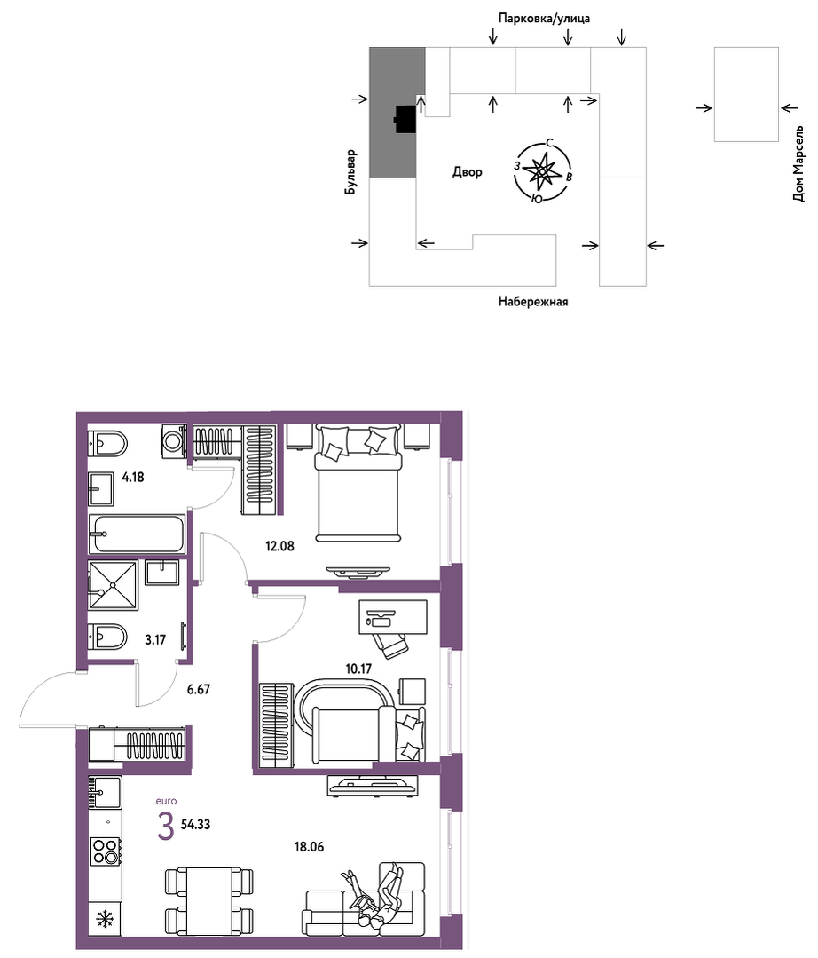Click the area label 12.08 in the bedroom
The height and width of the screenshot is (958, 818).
tap(279, 546)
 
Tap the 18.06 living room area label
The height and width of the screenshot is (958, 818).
tap(309, 847)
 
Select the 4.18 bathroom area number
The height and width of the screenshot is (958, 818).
tap(133, 477)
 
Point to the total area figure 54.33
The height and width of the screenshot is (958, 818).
tap(195, 824)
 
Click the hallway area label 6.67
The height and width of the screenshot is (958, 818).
tap(199, 689)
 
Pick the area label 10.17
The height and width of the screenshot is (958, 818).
tap(358, 669)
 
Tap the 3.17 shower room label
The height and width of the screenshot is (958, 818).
tap(155, 640)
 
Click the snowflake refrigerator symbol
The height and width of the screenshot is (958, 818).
tap(106, 918)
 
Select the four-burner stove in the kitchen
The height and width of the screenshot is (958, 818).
tap(105, 851)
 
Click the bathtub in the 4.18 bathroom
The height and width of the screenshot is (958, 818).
tap(137, 534)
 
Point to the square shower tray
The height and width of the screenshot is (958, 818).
tap(113, 585)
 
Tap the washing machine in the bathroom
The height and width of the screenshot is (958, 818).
tap(173, 440)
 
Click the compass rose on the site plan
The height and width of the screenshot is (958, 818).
tap(542, 171)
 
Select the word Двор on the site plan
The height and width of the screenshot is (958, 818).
tap(467, 172)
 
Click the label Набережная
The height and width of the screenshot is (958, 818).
tap(533, 302)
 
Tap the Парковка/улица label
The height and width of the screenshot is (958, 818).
tap(544, 19)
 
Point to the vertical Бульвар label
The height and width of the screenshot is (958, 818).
tap(350, 172)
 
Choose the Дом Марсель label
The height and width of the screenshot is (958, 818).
tap(798, 164)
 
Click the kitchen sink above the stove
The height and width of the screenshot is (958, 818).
tap(105, 793)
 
